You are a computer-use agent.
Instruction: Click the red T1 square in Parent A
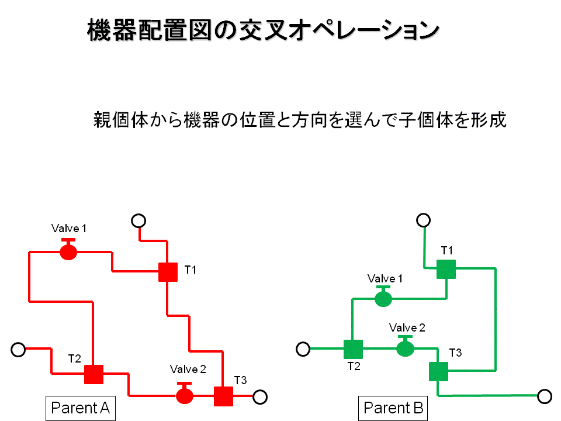click(168, 272)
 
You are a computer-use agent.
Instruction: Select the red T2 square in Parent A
click(93, 374)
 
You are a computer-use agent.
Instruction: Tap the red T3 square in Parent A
click(223, 396)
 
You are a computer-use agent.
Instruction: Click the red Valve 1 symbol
click(68, 251)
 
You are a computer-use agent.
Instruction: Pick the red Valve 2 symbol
click(185, 395)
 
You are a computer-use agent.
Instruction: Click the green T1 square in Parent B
click(446, 270)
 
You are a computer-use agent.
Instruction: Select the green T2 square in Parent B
click(353, 349)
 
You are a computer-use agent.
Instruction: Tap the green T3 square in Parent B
click(438, 371)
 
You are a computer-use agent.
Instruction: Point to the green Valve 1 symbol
click(383, 298)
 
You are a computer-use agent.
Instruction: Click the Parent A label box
click(81, 408)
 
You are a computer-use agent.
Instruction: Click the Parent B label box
click(393, 408)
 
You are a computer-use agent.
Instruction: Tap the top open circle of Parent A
click(138, 220)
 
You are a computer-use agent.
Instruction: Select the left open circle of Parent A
click(18, 350)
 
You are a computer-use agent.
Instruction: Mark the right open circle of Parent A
click(261, 396)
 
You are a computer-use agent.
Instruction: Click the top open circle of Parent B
click(424, 220)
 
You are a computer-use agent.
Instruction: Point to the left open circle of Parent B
click(303, 349)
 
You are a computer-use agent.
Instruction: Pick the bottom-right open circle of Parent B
click(545, 396)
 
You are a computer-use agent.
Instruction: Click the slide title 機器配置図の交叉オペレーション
click(262, 30)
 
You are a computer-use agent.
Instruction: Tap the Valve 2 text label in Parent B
click(407, 327)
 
